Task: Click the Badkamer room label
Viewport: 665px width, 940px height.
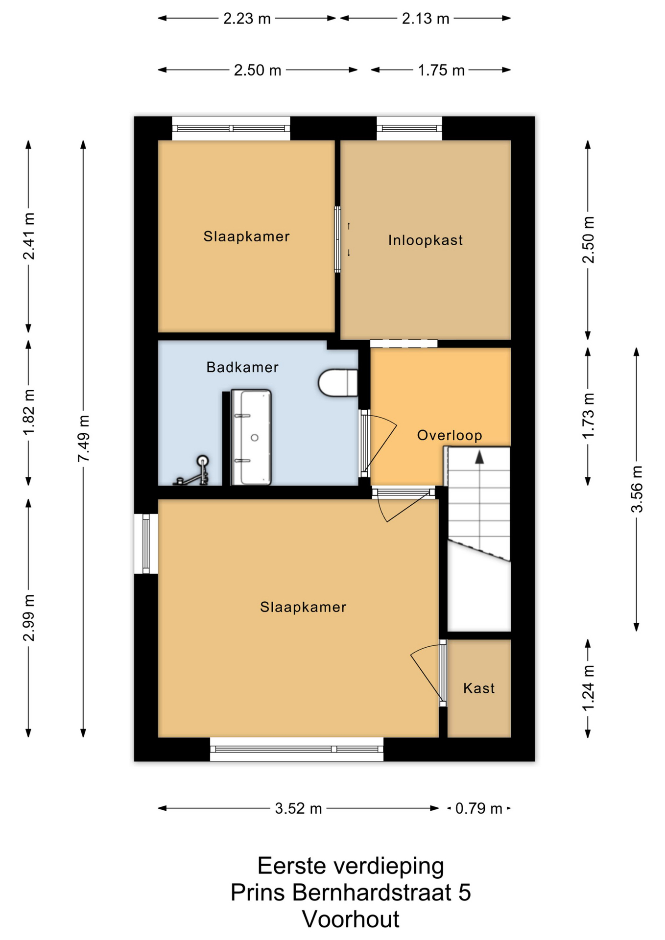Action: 242,367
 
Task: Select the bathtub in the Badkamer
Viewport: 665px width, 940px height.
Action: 251,437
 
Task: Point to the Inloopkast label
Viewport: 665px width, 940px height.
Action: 426,240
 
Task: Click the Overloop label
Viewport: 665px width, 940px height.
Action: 450,435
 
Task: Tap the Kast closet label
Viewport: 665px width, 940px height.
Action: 479,688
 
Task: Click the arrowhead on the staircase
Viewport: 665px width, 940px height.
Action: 479,457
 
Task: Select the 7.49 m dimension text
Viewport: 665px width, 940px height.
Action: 83,438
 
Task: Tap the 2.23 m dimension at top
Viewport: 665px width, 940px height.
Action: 247,19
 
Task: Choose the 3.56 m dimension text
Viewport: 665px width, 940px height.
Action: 637,489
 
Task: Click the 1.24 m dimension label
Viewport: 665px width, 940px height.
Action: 588,688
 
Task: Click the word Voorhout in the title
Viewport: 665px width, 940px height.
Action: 351,919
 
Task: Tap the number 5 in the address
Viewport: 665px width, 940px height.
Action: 465,893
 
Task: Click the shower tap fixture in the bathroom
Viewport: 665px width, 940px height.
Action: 192,471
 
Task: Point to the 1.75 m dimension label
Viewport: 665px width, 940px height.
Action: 441,70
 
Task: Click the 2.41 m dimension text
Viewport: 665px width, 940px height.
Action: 28,236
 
